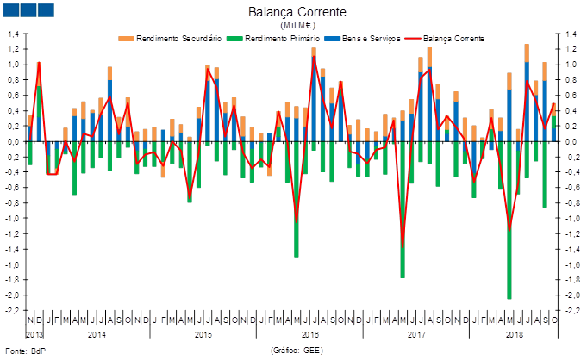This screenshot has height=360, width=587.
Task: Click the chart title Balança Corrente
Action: click(297, 11)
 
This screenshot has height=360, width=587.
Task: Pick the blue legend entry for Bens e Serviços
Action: click(374, 38)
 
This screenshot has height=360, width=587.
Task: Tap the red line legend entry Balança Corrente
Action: click(453, 38)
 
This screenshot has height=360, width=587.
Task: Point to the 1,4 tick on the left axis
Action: click(14, 34)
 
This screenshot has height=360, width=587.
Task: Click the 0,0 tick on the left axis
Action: click(14, 141)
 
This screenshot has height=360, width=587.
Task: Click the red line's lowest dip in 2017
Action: click(403, 247)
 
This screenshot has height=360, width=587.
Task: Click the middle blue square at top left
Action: click(28, 10)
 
